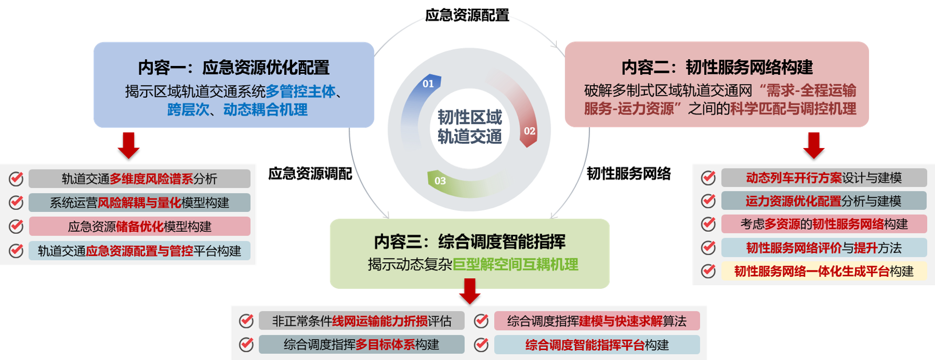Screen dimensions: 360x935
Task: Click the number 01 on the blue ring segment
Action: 428,84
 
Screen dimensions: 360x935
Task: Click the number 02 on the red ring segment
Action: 530,131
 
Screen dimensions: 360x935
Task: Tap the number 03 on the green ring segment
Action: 440,181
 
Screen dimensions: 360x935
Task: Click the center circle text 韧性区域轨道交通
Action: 470,127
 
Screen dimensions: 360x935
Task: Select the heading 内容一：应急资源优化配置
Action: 233,67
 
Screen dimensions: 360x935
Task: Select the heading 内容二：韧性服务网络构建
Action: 717,67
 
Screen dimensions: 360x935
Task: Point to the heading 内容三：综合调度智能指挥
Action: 470,242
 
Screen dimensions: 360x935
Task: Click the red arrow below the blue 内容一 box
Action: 128,145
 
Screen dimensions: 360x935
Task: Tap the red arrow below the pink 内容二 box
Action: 814,145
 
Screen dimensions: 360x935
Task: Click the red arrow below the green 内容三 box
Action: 470,291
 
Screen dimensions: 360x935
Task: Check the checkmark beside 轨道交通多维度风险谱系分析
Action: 16,179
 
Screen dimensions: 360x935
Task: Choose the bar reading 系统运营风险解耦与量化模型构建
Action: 139,203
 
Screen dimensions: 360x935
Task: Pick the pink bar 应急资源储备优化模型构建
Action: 139,227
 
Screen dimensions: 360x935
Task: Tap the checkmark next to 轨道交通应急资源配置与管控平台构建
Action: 16,251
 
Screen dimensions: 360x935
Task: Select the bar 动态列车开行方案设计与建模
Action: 823,178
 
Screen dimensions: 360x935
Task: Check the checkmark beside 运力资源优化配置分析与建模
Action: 708,201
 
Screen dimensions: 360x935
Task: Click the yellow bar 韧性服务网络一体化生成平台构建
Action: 823,271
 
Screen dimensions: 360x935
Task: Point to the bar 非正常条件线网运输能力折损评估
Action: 361,321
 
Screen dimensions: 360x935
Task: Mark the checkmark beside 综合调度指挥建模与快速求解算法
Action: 481,321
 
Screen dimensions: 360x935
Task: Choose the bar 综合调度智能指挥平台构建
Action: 597,345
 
